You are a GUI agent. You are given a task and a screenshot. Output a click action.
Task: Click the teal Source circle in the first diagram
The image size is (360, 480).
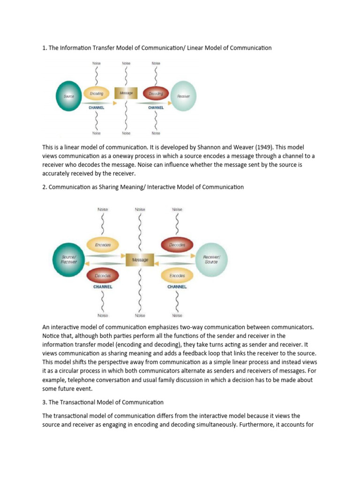(69, 96)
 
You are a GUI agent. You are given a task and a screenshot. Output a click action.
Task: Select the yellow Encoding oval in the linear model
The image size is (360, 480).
(96, 94)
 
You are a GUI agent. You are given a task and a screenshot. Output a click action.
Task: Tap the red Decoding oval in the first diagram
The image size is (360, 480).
(156, 94)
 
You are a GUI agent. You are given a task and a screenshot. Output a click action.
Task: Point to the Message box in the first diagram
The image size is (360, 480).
(126, 93)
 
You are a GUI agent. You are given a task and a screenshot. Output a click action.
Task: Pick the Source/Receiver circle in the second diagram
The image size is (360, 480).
(69, 259)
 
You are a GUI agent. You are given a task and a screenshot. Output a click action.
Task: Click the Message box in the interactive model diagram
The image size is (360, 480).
(140, 259)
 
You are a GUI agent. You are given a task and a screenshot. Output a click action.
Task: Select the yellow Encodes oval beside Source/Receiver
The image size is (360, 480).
(103, 244)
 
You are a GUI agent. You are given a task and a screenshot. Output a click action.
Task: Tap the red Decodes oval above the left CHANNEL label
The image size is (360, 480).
(103, 275)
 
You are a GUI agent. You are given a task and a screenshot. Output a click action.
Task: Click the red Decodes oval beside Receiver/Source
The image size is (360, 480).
(177, 244)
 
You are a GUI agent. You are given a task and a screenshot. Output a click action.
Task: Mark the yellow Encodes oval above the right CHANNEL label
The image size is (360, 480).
(177, 275)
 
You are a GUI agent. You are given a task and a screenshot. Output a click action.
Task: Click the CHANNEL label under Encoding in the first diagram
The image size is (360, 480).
(96, 107)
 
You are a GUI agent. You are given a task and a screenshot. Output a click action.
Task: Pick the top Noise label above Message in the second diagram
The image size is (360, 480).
(140, 209)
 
